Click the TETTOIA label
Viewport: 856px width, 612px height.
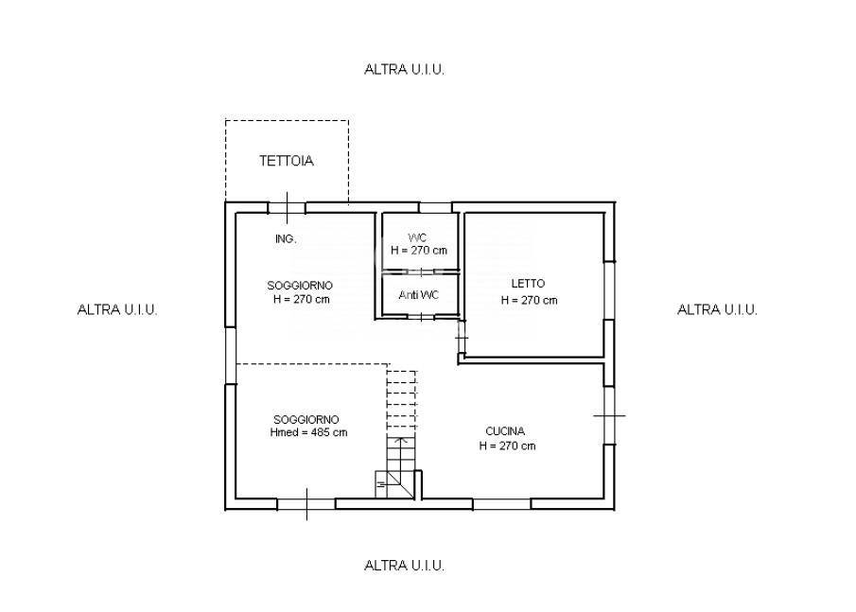coord(286,161)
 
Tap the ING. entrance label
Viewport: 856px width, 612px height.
coord(286,239)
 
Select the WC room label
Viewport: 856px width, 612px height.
coord(418,237)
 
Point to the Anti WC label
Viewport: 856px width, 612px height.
coord(419,295)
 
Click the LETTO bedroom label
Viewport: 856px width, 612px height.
coord(528,284)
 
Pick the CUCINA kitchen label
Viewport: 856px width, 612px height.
coord(505,431)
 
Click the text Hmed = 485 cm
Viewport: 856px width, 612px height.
coord(308,432)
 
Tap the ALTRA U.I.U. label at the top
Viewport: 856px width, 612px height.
coord(404,69)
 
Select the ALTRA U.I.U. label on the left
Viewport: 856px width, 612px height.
coord(117,309)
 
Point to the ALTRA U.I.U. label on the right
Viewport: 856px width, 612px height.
coord(717,309)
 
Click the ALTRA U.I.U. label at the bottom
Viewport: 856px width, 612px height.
coord(404,566)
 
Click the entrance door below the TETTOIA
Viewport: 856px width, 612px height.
coord(288,207)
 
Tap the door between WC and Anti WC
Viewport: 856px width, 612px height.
coord(420,271)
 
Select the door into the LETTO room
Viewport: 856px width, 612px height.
coord(462,339)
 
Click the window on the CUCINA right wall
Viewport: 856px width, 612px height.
coord(609,415)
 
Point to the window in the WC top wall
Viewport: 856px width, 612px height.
coord(435,207)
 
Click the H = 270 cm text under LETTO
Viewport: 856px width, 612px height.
coord(529,300)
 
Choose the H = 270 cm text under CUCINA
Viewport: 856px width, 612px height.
coord(507,446)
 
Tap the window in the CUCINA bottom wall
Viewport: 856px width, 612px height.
coord(501,504)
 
